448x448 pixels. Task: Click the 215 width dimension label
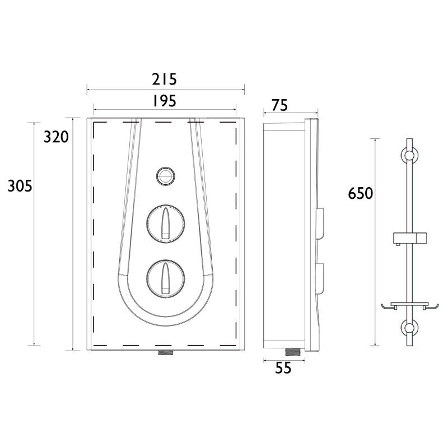tap(164, 79)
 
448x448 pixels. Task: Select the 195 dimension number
tap(164, 101)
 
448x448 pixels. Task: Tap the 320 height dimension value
tap(57, 137)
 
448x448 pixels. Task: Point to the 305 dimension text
tap(20, 186)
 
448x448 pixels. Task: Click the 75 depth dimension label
tap(279, 105)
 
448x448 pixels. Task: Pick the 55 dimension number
tap(283, 368)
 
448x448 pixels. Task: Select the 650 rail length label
tap(360, 193)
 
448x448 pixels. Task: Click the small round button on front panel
tap(165, 176)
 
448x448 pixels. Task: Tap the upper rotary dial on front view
tap(166, 223)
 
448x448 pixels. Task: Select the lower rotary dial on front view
tap(166, 279)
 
